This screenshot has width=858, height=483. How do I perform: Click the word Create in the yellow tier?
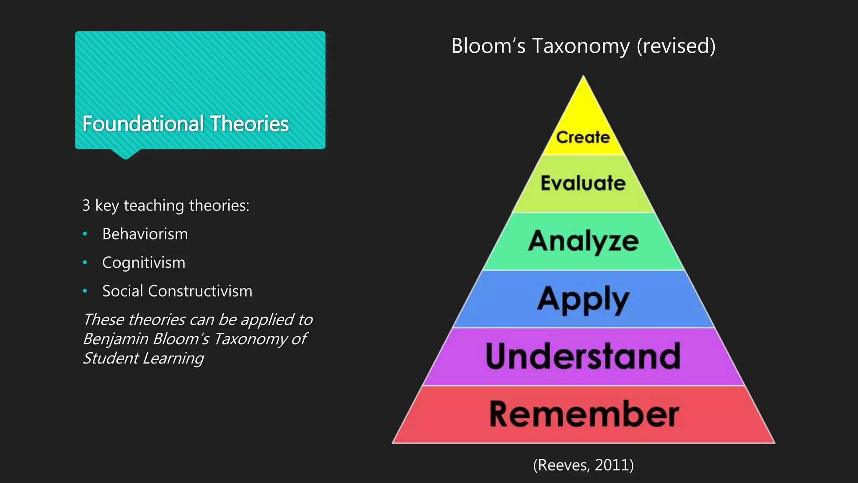[583, 138]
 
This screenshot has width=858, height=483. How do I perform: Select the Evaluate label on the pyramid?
[583, 183]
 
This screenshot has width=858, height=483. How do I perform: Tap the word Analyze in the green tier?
[583, 241]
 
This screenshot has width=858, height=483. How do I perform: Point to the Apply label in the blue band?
[583, 299]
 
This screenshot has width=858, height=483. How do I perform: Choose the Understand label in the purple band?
[583, 356]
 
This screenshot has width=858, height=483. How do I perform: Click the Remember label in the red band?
[584, 414]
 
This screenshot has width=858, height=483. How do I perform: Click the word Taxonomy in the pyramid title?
[581, 46]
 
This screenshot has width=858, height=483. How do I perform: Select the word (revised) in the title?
[676, 46]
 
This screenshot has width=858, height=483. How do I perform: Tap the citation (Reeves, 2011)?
[583, 465]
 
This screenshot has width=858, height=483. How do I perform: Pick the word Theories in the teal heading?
[249, 124]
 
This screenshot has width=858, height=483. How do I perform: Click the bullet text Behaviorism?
[145, 234]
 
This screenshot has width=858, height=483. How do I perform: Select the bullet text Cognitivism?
[144, 262]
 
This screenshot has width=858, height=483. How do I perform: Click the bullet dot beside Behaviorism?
[85, 234]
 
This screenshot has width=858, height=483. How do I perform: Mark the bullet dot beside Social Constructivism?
[85, 291]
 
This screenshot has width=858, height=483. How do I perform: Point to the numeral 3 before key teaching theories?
[86, 205]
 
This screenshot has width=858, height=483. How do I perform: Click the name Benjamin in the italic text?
[115, 339]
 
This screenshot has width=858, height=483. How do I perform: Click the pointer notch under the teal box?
[125, 154]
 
